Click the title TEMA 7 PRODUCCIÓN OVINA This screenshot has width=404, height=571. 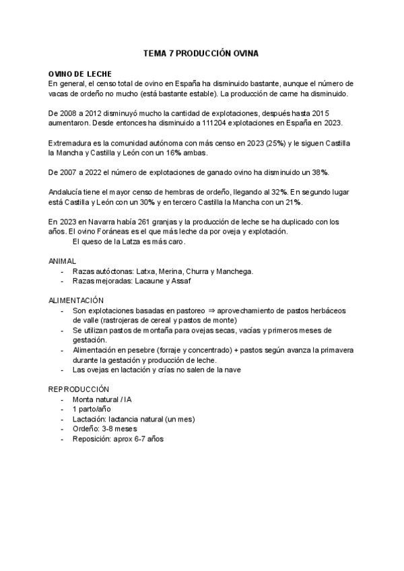pyautogui.click(x=201, y=53)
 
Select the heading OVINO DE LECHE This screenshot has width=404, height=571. pyautogui.click(x=80, y=73)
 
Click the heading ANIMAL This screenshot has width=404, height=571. pyautogui.click(x=63, y=261)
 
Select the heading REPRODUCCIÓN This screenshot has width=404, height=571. pyautogui.click(x=78, y=389)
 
